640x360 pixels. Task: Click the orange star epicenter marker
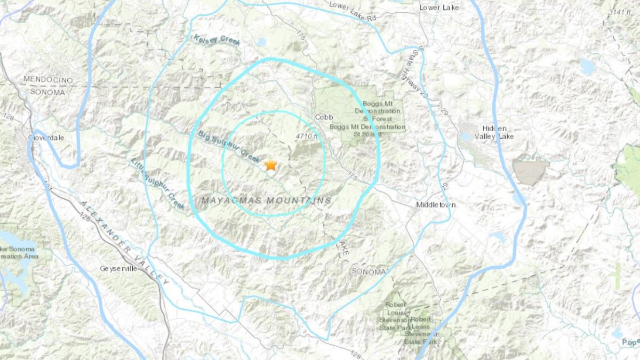tap(271, 164)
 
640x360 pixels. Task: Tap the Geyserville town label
tap(118, 269)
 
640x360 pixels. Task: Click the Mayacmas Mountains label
tap(266, 201)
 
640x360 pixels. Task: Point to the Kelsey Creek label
tap(217, 39)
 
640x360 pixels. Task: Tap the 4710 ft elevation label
tap(307, 137)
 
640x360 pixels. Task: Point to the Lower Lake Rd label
tap(353, 11)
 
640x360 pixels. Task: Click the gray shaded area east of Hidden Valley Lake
tap(530, 171)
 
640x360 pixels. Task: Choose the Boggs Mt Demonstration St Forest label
tap(377, 119)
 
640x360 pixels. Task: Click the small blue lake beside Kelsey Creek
tap(261, 42)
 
